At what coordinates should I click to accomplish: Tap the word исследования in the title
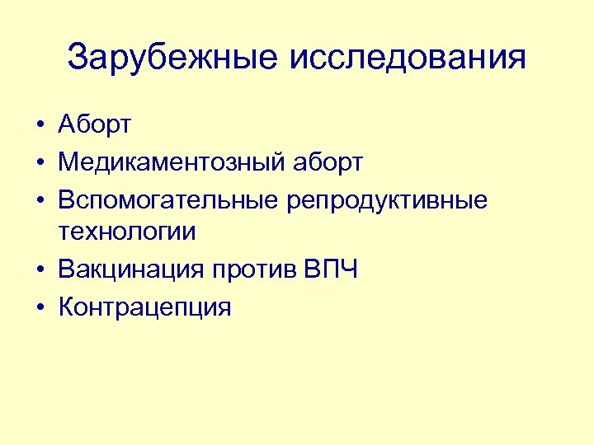[408, 58]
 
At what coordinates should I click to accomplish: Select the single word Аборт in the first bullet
[95, 125]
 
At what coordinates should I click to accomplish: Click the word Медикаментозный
[171, 162]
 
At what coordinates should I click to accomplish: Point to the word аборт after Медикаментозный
[327, 162]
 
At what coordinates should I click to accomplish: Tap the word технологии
[128, 232]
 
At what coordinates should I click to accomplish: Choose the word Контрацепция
[144, 307]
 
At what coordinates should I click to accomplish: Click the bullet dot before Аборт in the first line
[40, 126]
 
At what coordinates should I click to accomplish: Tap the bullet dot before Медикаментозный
[40, 163]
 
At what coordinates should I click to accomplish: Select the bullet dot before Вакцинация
[40, 270]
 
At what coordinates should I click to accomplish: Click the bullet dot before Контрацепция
[40, 307]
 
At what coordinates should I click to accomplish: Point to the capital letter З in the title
[79, 58]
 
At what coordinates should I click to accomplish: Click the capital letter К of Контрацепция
[67, 307]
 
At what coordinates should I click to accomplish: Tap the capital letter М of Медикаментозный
[68, 162]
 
